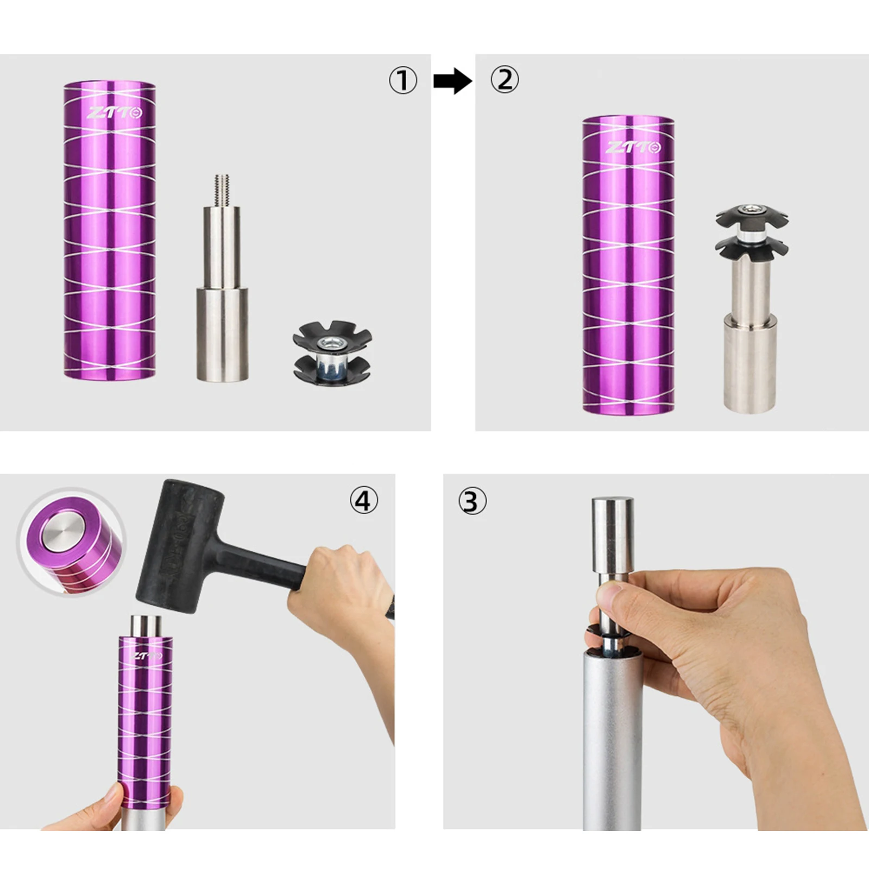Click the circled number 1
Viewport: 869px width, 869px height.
click(402, 81)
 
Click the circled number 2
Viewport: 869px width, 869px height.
click(505, 80)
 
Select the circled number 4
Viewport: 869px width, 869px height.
click(363, 500)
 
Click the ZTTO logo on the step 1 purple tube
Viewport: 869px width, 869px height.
click(115, 113)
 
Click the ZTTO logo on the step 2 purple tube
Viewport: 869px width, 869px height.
click(633, 147)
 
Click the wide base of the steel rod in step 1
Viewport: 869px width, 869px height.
click(222, 334)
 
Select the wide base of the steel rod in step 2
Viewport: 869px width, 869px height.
click(750, 365)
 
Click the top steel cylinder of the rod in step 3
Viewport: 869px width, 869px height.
click(612, 535)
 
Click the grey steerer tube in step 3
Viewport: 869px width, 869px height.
click(612, 750)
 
